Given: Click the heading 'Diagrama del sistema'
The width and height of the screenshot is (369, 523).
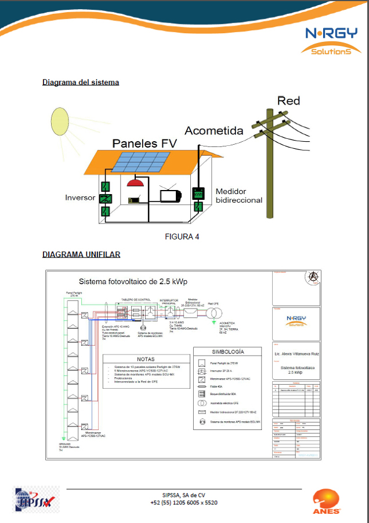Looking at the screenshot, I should pos(81,83).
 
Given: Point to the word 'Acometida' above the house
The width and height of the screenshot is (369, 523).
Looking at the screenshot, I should pos(214,131).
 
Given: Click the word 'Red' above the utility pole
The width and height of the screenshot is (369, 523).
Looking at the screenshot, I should pos(288,101).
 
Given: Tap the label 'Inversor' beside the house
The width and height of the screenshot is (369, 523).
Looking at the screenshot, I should pos(80,198).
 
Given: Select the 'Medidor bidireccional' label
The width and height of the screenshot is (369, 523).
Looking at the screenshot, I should pos(238,195).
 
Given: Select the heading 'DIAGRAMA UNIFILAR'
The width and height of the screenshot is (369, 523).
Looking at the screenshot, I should pos(81,255).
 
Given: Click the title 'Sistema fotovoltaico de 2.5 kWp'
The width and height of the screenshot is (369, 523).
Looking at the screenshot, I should pos(133,282).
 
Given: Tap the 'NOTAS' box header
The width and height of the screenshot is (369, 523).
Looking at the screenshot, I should pos(146,359).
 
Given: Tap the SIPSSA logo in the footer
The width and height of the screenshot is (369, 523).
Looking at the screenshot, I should pos(36,500).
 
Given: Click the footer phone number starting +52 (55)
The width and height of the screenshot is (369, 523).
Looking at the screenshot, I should pos(184,503).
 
